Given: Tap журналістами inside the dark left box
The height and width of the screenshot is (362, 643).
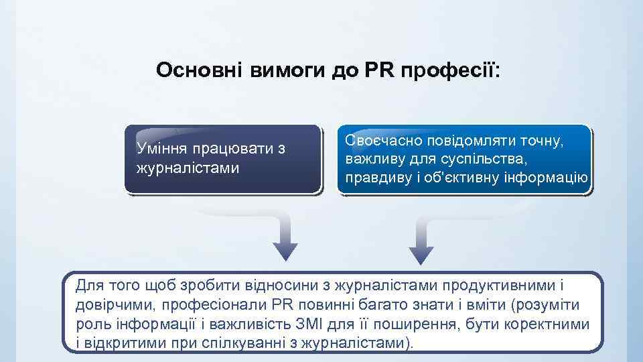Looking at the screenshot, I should tap(188, 167).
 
